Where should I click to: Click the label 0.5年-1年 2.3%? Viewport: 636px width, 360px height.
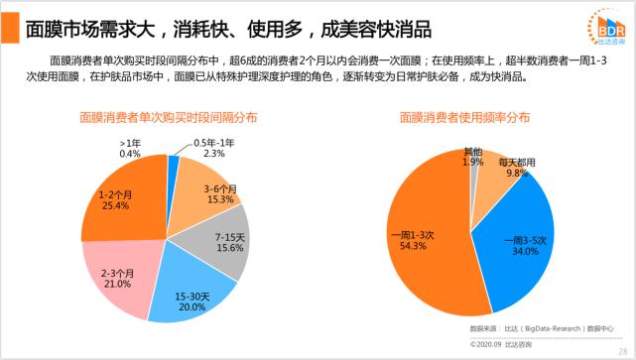point(214,149)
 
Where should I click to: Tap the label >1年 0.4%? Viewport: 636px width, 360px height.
point(130,149)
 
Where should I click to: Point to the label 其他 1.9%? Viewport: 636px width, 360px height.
point(473,157)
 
